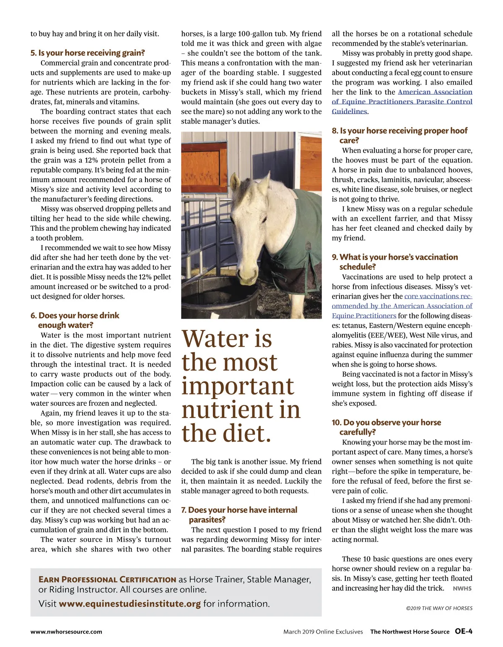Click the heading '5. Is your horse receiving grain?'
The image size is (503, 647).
pyautogui.click(x=88, y=53)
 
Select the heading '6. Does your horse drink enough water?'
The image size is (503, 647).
pyautogui.click(x=75, y=320)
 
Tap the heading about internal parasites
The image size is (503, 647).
pyautogui.click(x=239, y=515)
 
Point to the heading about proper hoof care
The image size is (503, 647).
pyautogui.click(x=399, y=135)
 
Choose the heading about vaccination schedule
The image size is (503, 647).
pyautogui.click(x=394, y=262)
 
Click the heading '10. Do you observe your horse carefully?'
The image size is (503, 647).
pyautogui.click(x=386, y=427)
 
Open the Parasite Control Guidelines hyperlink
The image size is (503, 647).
pyautogui.click(x=402, y=102)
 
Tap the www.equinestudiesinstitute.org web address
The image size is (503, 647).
pyautogui.click(x=130, y=604)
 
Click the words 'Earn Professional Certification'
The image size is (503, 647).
pyautogui.click(x=107, y=580)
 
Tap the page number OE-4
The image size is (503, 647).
pyautogui.click(x=464, y=632)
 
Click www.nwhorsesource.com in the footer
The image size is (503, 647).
pyautogui.click(x=66, y=632)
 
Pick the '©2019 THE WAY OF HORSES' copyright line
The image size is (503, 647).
pyautogui.click(x=439, y=608)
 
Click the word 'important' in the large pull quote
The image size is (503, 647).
pyautogui.click(x=238, y=386)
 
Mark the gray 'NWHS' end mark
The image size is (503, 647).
pyautogui.click(x=462, y=588)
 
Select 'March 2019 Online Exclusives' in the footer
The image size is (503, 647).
pyautogui.click(x=323, y=632)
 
